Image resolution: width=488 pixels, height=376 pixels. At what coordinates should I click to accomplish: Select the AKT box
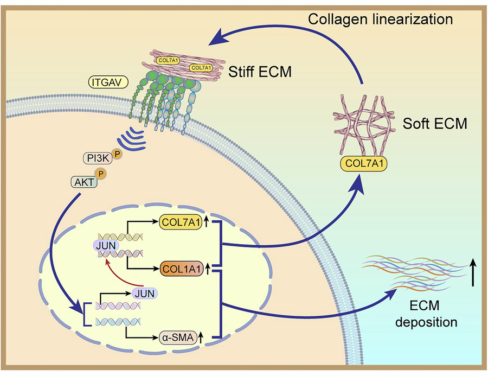click(83, 182)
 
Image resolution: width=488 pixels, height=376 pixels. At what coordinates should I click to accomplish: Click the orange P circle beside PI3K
click(117, 153)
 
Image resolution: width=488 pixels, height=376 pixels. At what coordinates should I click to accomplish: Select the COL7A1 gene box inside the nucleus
click(181, 222)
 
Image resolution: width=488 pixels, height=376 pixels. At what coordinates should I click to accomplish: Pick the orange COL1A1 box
click(181, 267)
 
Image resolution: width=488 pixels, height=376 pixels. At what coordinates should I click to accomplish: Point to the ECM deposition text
click(426, 315)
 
